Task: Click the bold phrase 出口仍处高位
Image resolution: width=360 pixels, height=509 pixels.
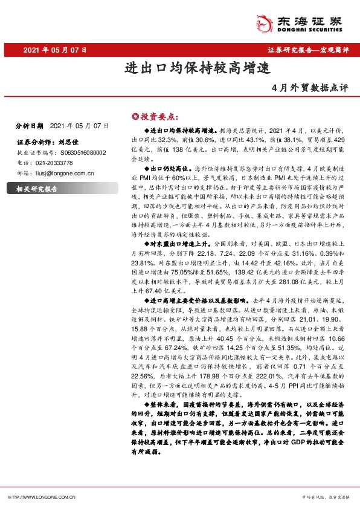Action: (170, 165)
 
